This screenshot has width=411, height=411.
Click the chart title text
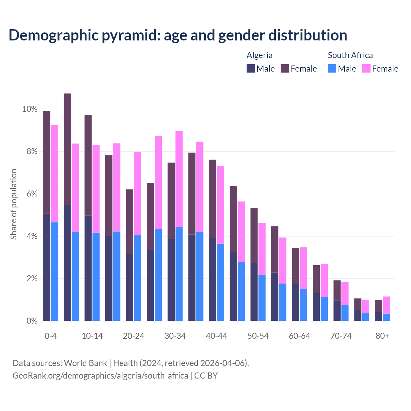tap(178, 35)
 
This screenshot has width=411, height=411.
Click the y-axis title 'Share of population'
tap(13, 204)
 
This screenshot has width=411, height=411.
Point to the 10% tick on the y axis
tap(30, 109)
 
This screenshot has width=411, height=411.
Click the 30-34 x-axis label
tap(175, 336)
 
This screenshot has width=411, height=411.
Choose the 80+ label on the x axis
tap(382, 336)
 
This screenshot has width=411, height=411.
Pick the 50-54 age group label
tap(258, 336)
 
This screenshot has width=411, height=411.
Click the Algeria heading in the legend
tap(259, 55)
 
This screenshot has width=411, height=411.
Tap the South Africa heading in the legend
tap(350, 55)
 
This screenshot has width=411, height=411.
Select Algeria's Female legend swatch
tap(285, 68)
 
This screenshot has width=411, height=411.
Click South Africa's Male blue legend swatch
tap(332, 68)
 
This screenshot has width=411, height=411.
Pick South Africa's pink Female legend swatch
tap(366, 68)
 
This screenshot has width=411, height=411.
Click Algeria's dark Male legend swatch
tap(251, 68)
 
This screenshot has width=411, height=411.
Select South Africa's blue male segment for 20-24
tap(137, 278)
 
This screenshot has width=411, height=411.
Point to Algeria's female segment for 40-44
tap(213, 199)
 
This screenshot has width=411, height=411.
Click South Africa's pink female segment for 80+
tap(386, 305)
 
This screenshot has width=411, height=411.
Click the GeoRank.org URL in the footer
tap(100, 375)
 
